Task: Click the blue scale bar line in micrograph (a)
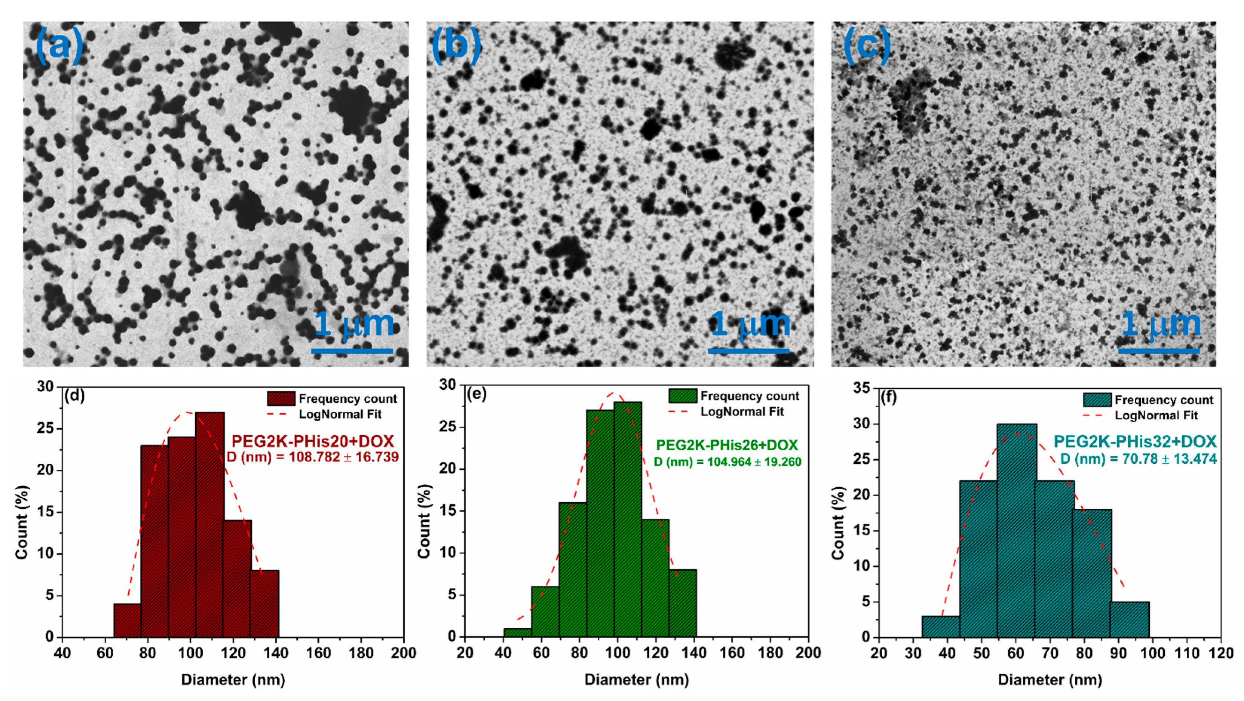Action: coord(352,351)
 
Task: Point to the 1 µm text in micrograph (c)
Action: coord(1160,324)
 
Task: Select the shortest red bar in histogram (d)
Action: coord(127,620)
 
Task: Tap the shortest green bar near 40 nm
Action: coord(517,632)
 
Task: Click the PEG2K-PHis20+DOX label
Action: coord(312,441)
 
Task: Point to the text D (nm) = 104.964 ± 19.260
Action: coord(727,462)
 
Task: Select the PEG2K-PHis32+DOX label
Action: coord(1135,441)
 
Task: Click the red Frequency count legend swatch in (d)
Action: coord(281,399)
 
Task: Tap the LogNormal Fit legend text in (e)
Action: coord(742,412)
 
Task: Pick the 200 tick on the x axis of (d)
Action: coord(403,653)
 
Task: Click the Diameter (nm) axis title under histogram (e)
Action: coord(637,680)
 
